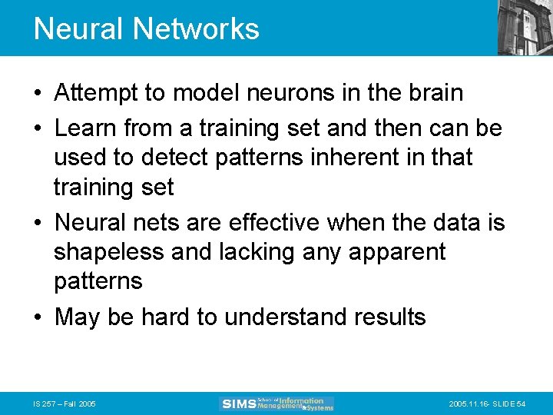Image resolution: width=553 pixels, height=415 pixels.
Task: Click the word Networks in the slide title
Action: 196,29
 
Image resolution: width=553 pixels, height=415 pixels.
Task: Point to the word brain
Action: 435,94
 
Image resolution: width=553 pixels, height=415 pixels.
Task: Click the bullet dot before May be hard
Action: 38,317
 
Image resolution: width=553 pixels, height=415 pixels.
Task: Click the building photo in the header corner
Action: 525,27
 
